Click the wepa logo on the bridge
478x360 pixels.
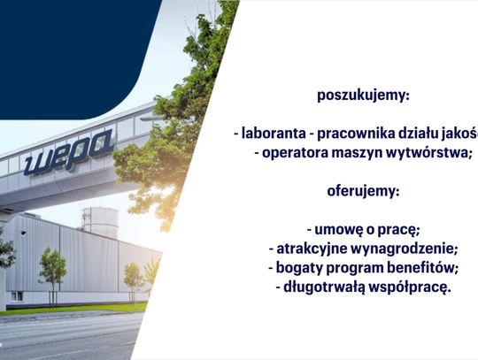69,150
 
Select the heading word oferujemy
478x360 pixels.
363,190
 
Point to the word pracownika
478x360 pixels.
357,133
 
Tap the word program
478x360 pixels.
351,266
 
